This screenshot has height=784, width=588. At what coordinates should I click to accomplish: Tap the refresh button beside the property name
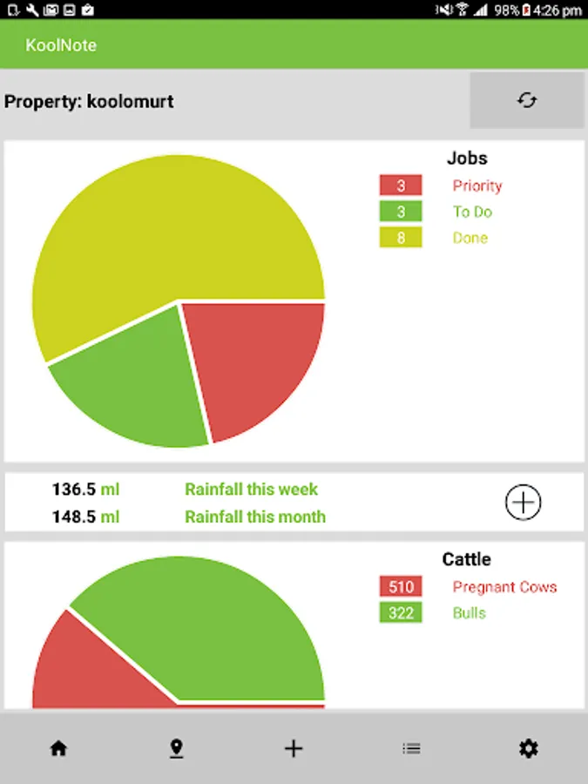(526, 100)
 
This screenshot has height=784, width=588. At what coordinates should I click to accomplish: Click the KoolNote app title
(61, 44)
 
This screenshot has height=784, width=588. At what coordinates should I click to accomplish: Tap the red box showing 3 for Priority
(401, 186)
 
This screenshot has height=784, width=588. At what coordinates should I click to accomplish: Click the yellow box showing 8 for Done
(401, 238)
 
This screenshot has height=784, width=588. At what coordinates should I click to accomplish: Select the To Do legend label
(472, 212)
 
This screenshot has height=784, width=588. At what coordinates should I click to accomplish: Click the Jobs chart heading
(467, 159)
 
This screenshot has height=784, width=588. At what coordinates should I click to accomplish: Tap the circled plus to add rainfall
(524, 502)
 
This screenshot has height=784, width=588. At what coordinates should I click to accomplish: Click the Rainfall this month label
(255, 517)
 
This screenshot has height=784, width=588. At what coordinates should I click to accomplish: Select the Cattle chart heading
(467, 559)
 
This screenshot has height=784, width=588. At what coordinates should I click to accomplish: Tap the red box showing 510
(401, 587)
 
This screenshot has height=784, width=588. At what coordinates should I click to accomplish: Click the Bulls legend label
(470, 613)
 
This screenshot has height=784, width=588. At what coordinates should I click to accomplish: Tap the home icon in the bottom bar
(58, 748)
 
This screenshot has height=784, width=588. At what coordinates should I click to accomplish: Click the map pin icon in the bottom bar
(176, 748)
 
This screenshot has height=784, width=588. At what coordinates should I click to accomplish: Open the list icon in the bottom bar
(411, 748)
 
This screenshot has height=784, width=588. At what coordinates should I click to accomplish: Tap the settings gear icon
(528, 748)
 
